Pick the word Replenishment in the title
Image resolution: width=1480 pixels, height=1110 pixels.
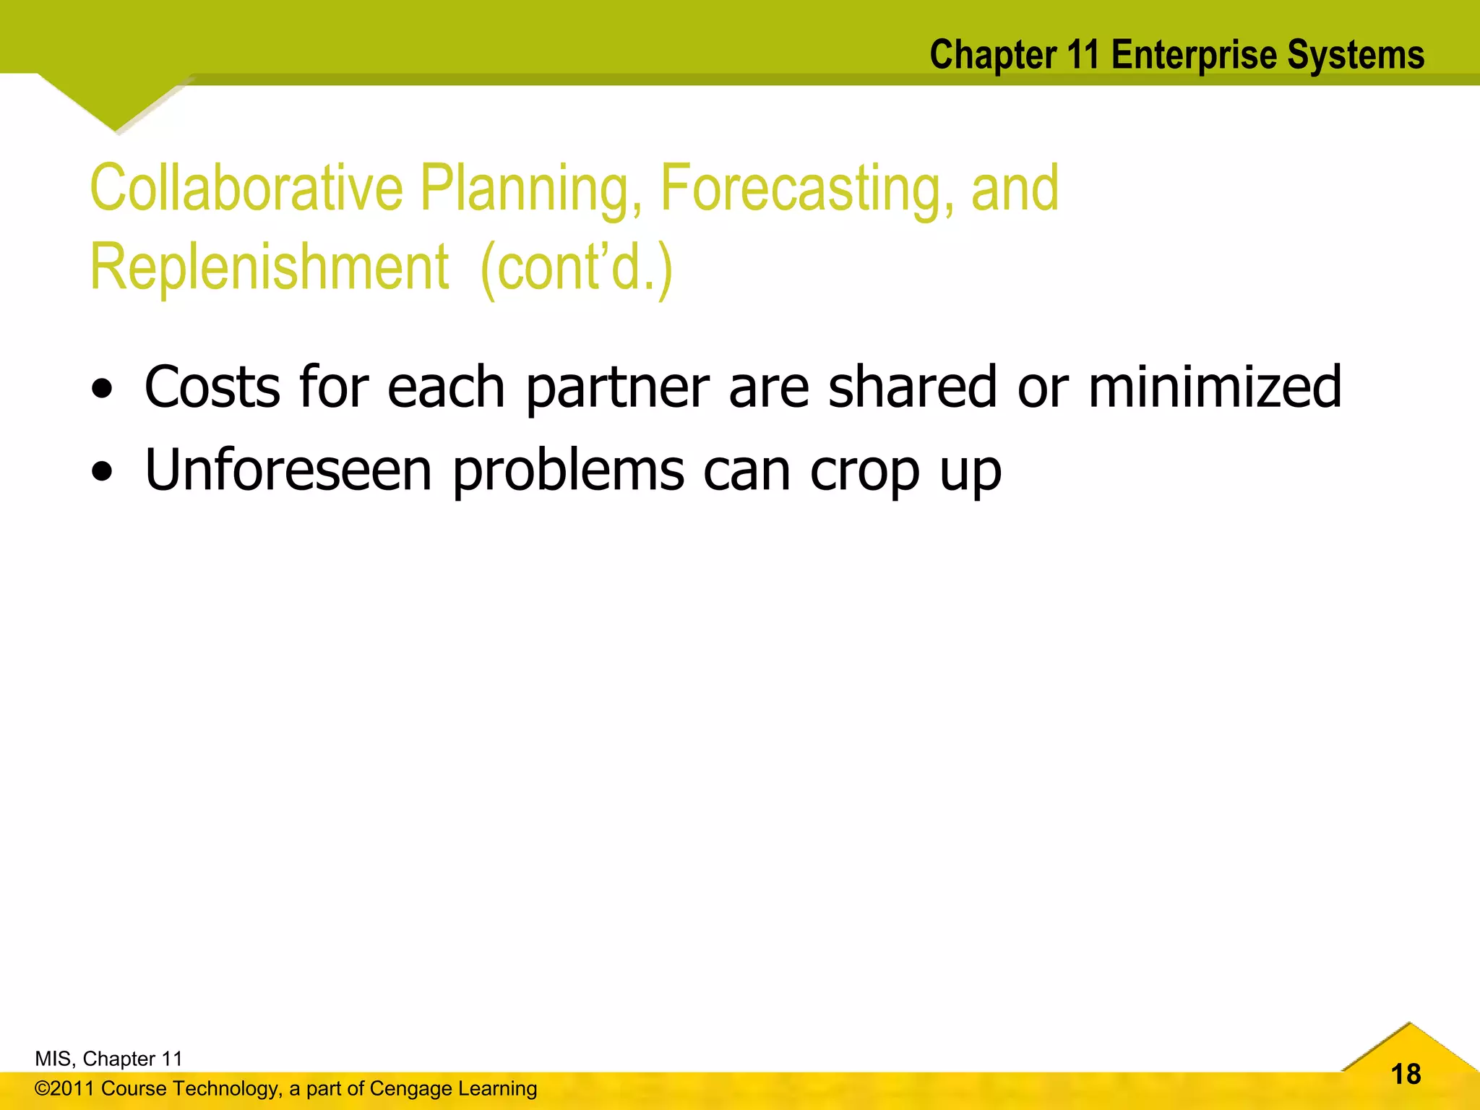tap(270, 267)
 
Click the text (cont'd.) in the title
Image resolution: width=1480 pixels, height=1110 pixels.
tap(576, 267)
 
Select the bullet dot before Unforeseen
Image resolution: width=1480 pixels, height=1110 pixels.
tap(103, 472)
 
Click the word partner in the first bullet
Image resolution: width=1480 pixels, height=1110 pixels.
tap(617, 389)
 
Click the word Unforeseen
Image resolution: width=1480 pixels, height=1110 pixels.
tap(288, 470)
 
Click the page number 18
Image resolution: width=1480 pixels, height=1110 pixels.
tap(1406, 1075)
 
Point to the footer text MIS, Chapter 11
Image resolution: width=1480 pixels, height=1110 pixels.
tap(108, 1059)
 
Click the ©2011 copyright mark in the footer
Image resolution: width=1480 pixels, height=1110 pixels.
tap(64, 1088)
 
